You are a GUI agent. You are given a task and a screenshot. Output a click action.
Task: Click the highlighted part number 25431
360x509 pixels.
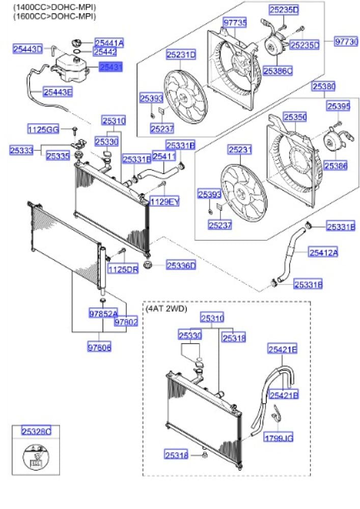point(111,67)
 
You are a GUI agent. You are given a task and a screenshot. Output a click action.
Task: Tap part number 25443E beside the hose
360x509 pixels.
point(58,92)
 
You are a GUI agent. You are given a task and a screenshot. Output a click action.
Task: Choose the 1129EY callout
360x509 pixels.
point(164,202)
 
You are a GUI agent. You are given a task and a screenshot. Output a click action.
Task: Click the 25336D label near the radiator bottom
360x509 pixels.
point(181,265)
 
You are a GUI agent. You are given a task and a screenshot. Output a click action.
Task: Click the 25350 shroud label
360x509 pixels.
point(295,118)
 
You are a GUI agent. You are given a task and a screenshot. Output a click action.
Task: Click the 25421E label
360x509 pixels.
point(283,349)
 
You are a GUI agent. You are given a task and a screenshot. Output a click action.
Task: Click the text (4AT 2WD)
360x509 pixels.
point(166,308)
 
